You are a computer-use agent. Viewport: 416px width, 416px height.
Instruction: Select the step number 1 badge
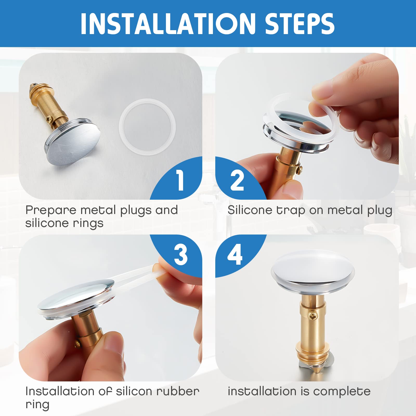(x=179, y=179)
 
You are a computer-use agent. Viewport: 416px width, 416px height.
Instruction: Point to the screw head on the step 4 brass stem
(x=312, y=316)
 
